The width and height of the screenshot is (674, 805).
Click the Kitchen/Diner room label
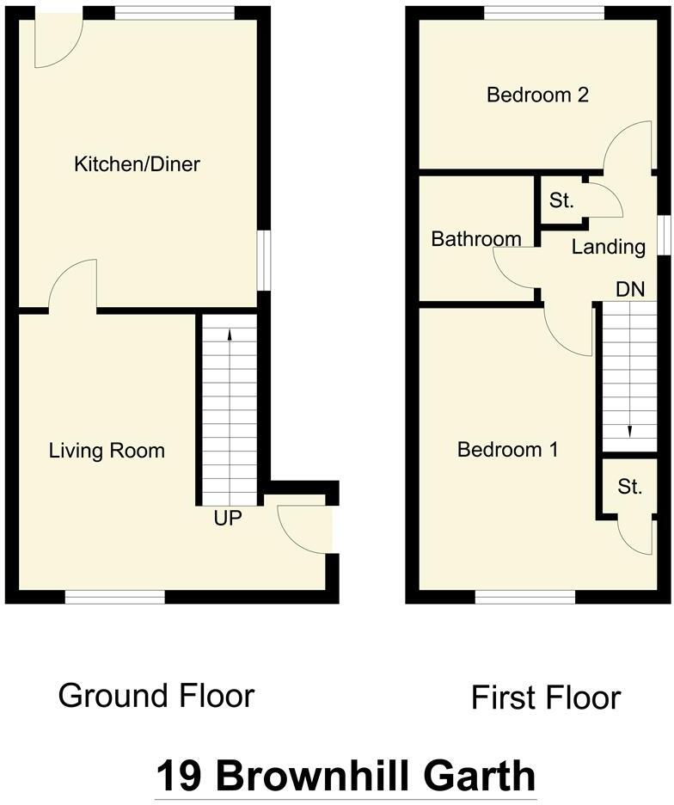137,163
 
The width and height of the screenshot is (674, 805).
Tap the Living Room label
107,450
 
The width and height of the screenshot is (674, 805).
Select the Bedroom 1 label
507,449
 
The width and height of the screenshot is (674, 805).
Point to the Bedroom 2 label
537,95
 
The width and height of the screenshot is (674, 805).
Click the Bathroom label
476,239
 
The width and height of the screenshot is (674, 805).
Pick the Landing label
609,248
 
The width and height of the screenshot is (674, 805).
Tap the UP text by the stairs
229,519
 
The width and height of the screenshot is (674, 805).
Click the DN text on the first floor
630,289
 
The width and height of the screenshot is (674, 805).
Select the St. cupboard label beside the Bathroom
561,201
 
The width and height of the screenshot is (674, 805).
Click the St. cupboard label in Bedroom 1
630,487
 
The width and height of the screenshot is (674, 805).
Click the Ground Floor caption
156,695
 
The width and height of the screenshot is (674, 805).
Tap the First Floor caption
545,697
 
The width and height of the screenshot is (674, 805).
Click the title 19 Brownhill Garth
346,776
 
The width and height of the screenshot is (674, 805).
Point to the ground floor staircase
229,409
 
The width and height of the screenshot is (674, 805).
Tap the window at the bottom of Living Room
115,596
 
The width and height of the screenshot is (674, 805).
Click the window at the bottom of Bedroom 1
524,596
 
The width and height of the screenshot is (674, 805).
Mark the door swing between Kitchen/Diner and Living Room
74,288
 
